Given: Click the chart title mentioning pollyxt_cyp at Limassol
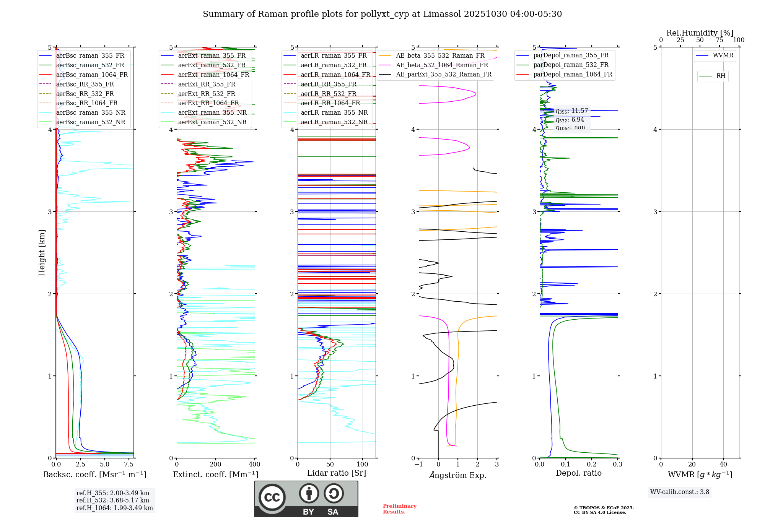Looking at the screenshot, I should coord(382,14).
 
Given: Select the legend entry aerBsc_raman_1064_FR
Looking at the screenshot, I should coord(92,75).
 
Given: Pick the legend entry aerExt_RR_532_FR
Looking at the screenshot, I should coord(207,94).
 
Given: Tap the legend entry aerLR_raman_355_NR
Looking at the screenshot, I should coord(334,112).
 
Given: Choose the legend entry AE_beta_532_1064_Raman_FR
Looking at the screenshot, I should coord(442,65).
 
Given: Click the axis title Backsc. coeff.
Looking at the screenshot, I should coord(94,474).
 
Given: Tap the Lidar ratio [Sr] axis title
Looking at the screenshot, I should coord(337,473).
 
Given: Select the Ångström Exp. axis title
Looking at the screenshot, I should coord(458,475).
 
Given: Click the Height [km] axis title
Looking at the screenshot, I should coord(42,253).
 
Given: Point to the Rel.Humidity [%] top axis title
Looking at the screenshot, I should coord(700,33).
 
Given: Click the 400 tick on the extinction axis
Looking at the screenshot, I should coord(255,465).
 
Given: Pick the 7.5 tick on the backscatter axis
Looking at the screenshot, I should coord(129,465).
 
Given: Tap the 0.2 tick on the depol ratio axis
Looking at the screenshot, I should coord(592,465).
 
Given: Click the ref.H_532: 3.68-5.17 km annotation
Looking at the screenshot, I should coord(113,500).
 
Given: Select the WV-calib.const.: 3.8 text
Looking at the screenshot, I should coord(680,492).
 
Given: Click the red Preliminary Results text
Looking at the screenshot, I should coord(399,509).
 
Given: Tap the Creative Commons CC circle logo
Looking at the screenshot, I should coord(272,497).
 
